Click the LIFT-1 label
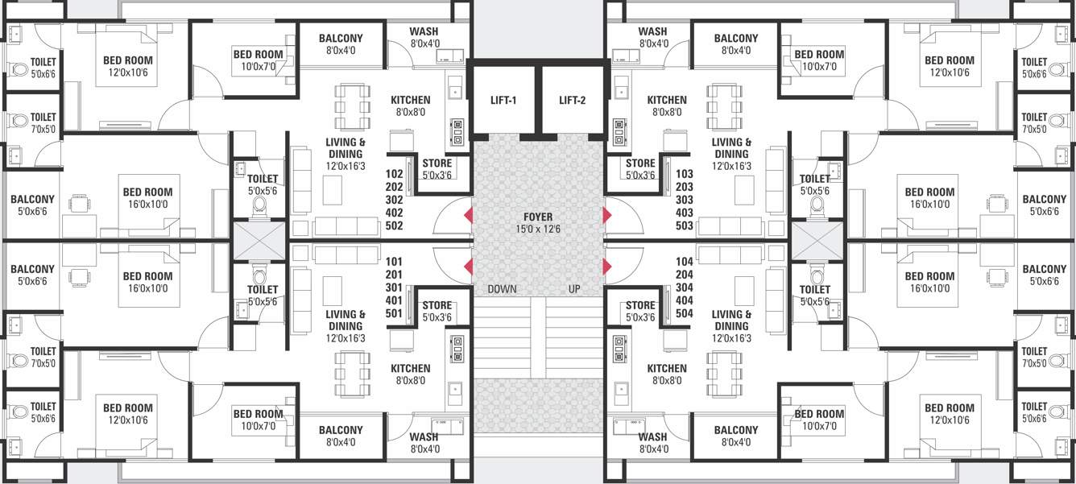pos(503,101)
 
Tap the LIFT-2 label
pos(572,101)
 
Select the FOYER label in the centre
pos(538,217)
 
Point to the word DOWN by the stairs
pos(502,289)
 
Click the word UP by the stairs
pos(574,289)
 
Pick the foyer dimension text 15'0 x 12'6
pos(538,230)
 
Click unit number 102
pos(395,174)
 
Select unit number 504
pos(685,313)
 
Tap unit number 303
pos(685,200)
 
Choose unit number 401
pos(395,300)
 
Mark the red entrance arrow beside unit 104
pos(608,267)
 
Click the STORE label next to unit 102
pos(437,163)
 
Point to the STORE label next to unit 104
pos(640,305)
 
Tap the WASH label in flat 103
pos(653,31)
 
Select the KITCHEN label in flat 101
pos(411,368)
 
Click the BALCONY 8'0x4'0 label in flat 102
pos(341,38)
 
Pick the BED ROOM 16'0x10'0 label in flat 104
pos(929,276)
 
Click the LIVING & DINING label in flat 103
pos(731,148)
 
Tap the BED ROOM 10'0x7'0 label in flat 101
pos(258,414)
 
